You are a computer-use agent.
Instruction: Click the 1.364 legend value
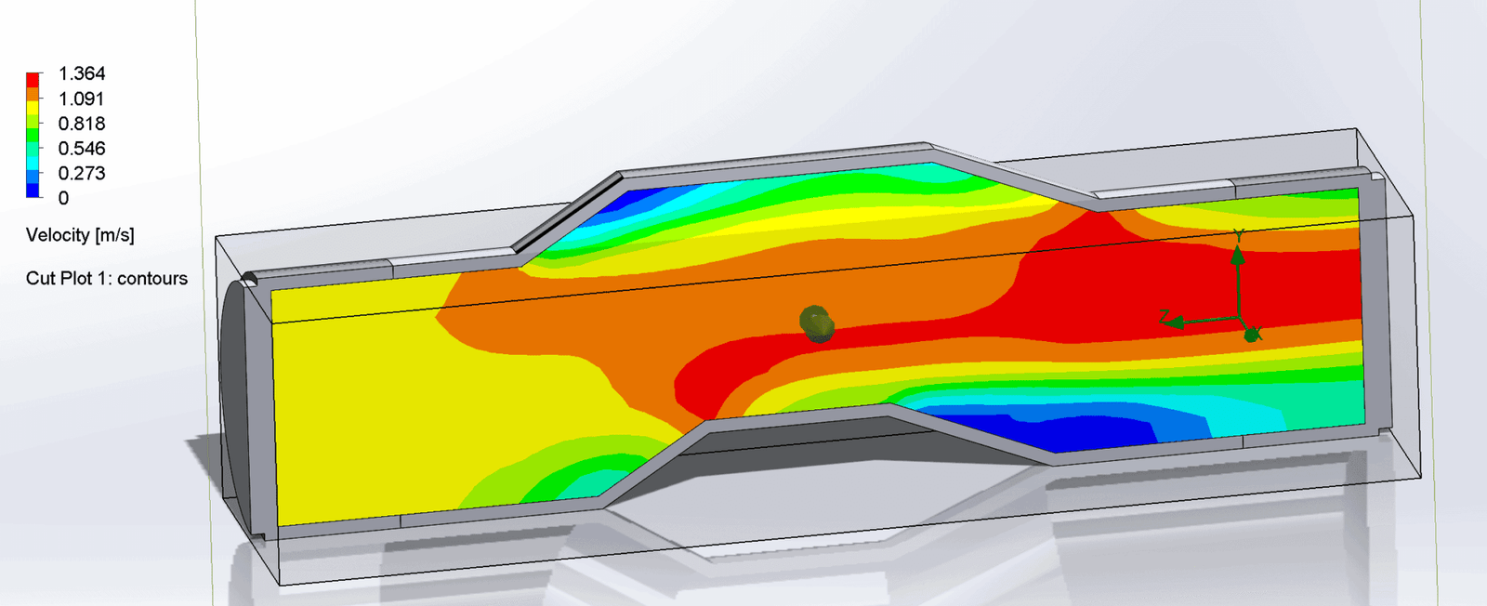82,73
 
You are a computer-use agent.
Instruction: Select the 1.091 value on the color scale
82,99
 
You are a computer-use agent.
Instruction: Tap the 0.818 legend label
82,124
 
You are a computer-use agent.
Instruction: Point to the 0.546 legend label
82,149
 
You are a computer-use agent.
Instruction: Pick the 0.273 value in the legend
82,173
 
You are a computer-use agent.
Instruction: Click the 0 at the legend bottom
63,198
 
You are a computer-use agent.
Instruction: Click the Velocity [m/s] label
80,235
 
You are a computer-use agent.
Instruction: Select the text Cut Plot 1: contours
106,278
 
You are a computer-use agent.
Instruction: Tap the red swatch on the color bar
33,80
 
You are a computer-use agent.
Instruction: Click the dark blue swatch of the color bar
33,191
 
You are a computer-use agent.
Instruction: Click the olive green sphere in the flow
816,323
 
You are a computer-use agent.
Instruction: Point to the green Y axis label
1238,237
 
